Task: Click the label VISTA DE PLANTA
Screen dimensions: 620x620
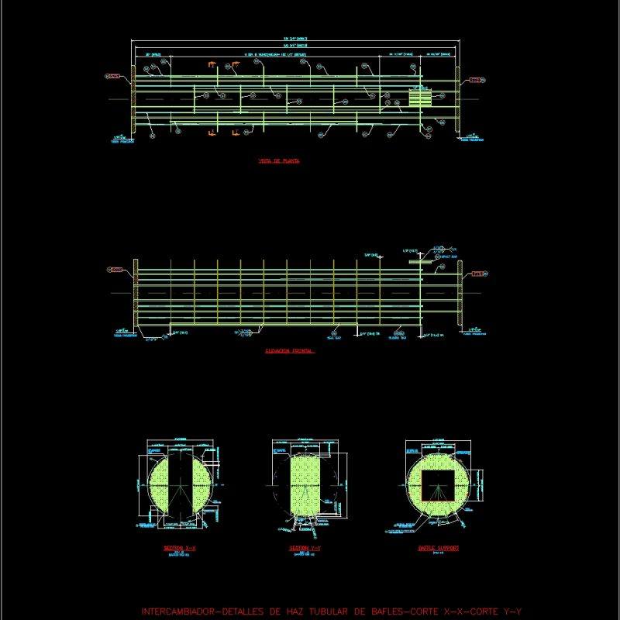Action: [279, 161]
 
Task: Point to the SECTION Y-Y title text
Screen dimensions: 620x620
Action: [305, 548]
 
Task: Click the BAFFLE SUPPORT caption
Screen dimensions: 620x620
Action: [439, 548]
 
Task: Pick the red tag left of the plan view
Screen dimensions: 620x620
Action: [114, 77]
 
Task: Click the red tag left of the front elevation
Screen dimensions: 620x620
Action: [114, 270]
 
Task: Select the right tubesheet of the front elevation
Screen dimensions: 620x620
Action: [460, 294]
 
